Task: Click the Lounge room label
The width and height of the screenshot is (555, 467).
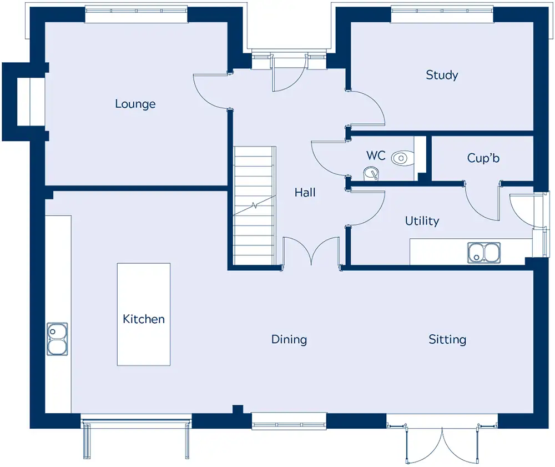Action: [135, 104]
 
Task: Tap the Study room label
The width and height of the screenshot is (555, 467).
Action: [442, 75]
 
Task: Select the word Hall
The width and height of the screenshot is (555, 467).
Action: [305, 192]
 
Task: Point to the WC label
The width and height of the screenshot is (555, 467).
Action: [376, 155]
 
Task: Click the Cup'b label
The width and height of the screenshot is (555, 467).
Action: [483, 158]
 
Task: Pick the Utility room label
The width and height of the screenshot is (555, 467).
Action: [422, 221]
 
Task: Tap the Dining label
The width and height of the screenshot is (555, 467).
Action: [289, 339]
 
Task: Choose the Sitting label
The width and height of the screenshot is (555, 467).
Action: [447, 339]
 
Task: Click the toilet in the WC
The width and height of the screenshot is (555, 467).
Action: [403, 158]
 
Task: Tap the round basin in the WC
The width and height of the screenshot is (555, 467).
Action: [371, 173]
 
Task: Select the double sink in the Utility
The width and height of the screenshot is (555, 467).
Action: [484, 253]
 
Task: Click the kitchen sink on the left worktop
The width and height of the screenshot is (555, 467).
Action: [57, 339]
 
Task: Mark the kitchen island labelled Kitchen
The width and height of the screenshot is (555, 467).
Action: [144, 314]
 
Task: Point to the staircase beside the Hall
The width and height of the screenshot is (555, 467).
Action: [254, 205]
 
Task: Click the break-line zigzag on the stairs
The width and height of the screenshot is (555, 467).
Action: [254, 205]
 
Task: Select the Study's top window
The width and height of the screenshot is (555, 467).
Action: [442, 11]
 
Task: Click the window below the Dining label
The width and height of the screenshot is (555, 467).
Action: [289, 421]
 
